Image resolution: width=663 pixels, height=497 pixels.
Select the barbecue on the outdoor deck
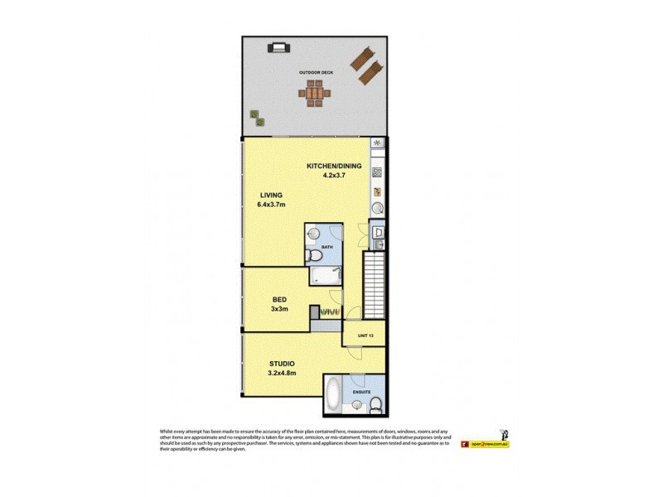pos(277,48)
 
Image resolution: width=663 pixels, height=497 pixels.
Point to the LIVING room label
pos(272,195)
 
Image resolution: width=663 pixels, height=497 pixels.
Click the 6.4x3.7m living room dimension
pos(271,205)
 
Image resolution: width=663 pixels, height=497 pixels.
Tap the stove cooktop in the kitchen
pos(377,173)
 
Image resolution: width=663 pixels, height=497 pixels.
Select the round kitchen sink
pos(377,208)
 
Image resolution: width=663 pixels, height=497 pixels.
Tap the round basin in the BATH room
pos(313,234)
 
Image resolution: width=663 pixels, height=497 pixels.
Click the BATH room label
pos(327,247)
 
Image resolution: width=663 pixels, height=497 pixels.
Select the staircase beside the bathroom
pos(375,286)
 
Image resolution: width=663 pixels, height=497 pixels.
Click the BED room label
pos(280,300)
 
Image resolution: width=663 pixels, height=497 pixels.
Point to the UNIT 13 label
pos(365,335)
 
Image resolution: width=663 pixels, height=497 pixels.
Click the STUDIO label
pos(282,364)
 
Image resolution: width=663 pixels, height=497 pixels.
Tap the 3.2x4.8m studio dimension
pos(282,374)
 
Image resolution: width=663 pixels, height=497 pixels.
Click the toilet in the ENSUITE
pos(375,403)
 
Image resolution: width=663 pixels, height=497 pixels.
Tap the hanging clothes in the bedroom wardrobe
pos(331,311)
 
